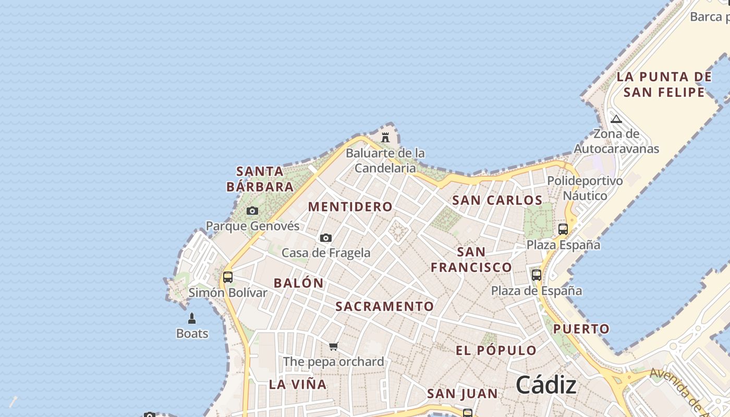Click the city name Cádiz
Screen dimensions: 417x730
click(x=546, y=386)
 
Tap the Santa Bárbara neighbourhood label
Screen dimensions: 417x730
click(x=260, y=179)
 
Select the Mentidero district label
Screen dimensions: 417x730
click(x=350, y=206)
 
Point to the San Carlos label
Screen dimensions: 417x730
click(x=497, y=200)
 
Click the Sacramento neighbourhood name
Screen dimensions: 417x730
click(x=384, y=306)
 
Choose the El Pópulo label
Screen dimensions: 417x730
click(x=496, y=350)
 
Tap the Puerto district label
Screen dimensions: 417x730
click(x=581, y=329)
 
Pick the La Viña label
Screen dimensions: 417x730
click(x=298, y=385)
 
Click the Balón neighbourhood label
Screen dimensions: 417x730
click(x=298, y=284)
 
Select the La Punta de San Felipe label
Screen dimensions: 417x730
click(x=664, y=84)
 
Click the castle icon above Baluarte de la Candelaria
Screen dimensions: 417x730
click(x=385, y=138)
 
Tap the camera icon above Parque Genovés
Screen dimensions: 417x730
click(x=252, y=211)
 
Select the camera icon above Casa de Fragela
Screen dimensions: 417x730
click(x=326, y=238)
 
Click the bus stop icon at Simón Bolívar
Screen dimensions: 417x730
click(x=228, y=277)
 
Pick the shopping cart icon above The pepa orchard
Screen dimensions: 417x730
click(x=334, y=346)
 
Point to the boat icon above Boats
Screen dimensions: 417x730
click(x=192, y=318)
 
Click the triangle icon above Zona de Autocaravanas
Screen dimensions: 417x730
click(x=616, y=119)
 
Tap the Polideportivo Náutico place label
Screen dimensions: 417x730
click(x=585, y=188)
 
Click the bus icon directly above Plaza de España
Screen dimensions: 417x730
click(x=537, y=275)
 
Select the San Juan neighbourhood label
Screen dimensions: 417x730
click(x=462, y=394)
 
